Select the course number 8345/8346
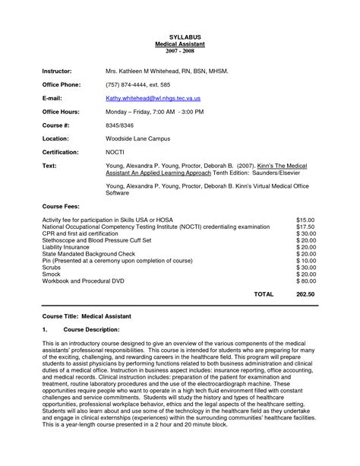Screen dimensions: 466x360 (122, 125)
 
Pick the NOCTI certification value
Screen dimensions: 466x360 (115, 153)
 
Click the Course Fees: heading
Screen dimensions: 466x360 (62, 206)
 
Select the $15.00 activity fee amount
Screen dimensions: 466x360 (305, 220)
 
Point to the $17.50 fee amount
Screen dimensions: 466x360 (305, 227)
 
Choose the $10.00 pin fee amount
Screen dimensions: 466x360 (305, 261)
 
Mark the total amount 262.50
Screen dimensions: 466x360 (305, 293)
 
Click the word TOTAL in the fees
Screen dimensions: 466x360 (264, 293)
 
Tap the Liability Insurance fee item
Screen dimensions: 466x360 (67, 247)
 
